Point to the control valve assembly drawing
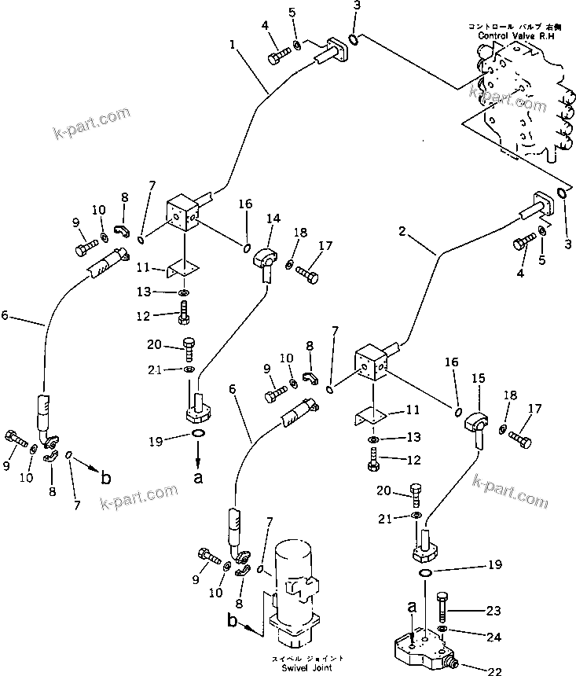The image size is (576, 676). click(x=519, y=102)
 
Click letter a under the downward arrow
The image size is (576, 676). click(x=197, y=476)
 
